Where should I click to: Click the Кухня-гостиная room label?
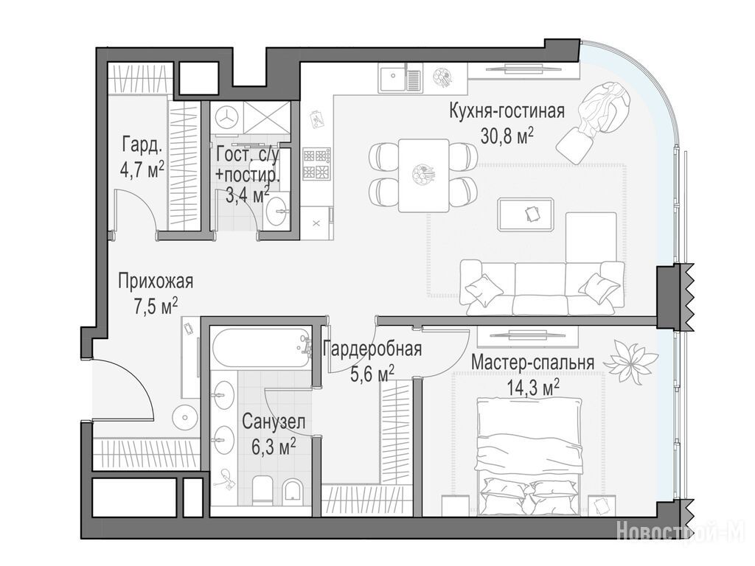click(x=507, y=111)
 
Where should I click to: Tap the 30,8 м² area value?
click(x=507, y=136)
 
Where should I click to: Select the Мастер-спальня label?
click(x=532, y=362)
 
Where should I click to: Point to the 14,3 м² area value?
click(x=533, y=387)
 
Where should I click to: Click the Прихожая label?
click(x=156, y=281)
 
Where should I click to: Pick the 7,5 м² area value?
click(x=156, y=306)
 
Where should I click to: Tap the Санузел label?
click(x=274, y=422)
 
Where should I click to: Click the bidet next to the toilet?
click(x=293, y=490)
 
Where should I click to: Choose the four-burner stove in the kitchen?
click(x=316, y=163)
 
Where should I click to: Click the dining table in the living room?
click(x=424, y=175)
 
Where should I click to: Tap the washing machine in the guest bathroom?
click(x=226, y=117)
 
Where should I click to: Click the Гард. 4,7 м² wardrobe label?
click(x=142, y=157)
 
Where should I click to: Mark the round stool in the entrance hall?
click(x=185, y=417)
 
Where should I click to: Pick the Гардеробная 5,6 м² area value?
click(x=372, y=374)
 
